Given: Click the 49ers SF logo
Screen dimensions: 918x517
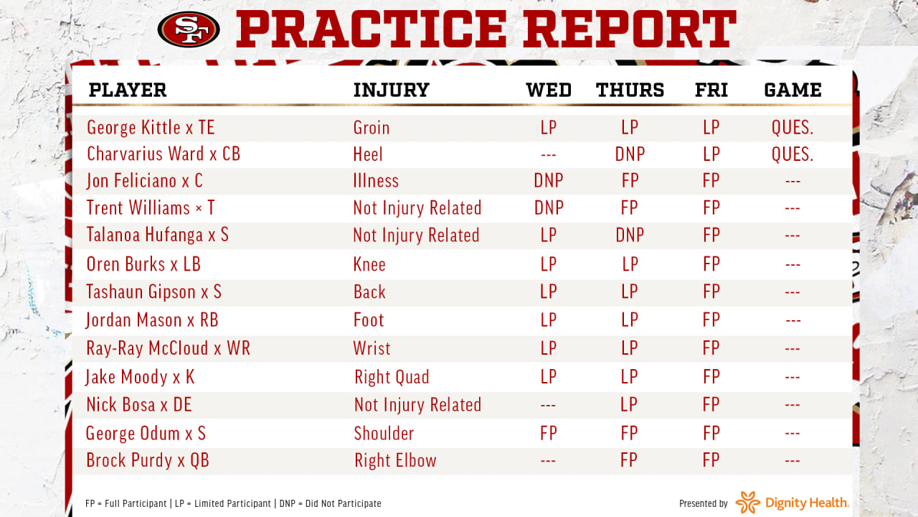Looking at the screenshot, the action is coord(189,29).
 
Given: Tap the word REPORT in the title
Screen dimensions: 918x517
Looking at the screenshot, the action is coord(630,29).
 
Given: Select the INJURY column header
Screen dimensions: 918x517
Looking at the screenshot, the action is coord(392,90).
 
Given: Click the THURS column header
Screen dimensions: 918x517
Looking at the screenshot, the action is coord(630,90).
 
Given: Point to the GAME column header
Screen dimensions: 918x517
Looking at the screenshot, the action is coord(792,90).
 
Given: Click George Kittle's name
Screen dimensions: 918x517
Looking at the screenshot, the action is coord(133,127).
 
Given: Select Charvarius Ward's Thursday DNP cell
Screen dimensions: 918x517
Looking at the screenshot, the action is coord(630,154).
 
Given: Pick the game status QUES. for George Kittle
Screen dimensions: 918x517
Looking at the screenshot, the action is coord(792,127).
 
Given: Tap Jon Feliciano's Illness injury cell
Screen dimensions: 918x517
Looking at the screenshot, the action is coord(376,181).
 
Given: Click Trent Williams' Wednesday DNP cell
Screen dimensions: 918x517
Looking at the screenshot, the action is coord(549,208).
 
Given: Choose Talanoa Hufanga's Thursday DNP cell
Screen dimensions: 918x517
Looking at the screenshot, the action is coord(630,235).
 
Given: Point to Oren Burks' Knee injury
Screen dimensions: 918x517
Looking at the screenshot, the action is coord(369,264).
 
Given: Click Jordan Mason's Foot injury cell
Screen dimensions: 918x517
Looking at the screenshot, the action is coord(369,320).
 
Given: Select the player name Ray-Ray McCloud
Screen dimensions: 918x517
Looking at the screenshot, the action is coord(148,348).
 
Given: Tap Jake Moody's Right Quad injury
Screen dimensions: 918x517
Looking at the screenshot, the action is coord(392,377).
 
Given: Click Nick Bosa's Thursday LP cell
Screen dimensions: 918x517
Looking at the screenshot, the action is coord(629,404).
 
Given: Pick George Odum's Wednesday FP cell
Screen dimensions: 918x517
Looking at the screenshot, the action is coord(549,433).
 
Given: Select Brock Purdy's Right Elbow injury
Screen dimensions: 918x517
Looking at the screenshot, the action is coord(395,460).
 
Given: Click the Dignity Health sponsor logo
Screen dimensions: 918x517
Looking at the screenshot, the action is coord(792,503).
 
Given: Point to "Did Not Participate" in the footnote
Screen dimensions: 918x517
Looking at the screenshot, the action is coord(344,503).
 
